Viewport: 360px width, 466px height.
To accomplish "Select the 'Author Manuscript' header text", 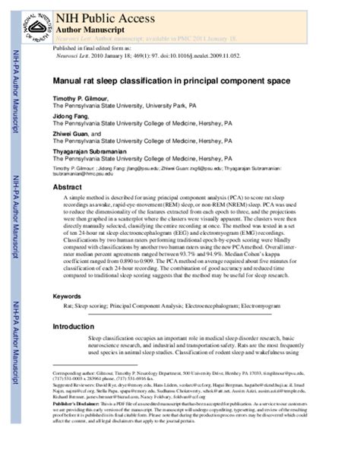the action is pos(88,24).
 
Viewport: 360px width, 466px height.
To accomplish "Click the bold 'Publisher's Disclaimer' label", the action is pos(77,402).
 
